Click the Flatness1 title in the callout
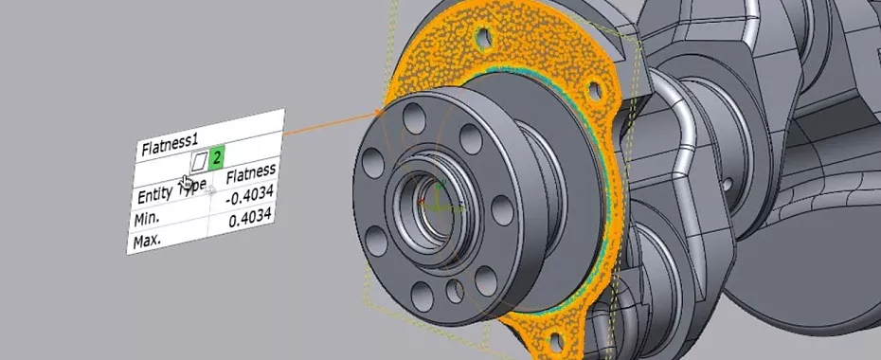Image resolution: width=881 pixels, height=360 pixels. (171, 147)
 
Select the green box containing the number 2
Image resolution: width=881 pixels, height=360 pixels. (217, 156)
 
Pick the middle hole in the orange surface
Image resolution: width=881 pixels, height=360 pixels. (596, 89)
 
